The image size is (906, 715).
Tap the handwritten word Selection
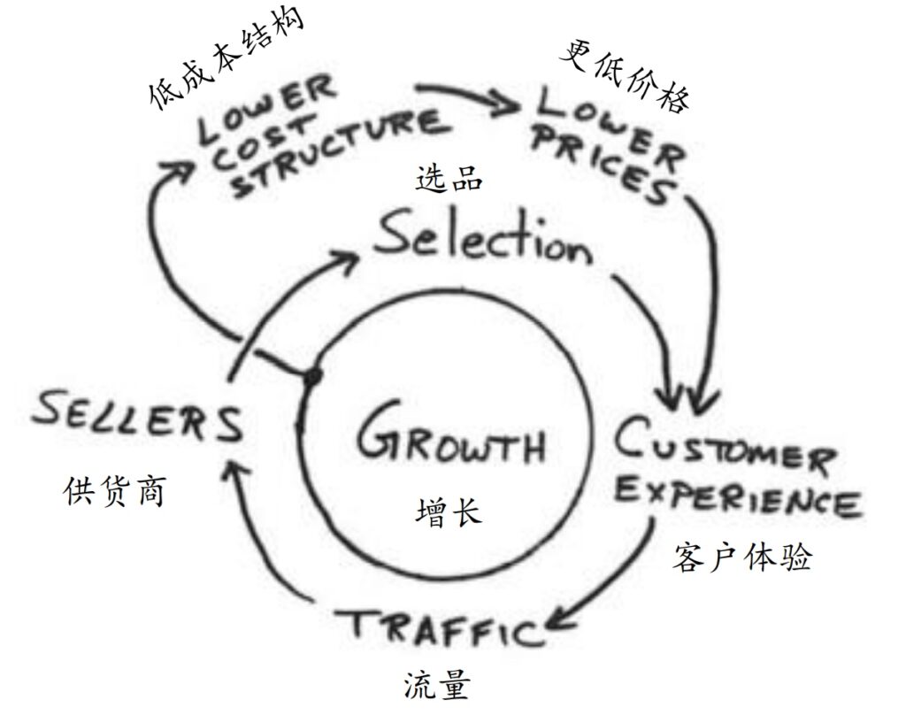tap(482, 238)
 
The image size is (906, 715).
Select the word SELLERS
tap(138, 419)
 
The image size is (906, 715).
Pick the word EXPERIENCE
tap(736, 497)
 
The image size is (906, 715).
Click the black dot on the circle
tap(311, 377)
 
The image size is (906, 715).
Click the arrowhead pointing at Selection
tap(349, 258)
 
